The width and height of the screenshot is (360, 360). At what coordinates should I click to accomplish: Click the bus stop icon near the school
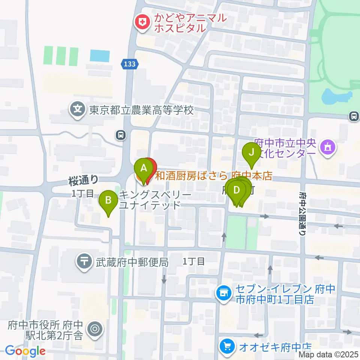120,135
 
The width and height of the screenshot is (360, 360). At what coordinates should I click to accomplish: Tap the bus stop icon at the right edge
354,116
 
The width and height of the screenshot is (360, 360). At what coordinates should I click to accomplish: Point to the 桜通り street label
83,181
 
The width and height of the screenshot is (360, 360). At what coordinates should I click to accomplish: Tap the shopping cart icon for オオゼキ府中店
226,346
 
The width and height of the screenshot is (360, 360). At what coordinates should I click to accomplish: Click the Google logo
25,351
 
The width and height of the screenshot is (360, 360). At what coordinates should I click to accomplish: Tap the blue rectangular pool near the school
100,56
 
